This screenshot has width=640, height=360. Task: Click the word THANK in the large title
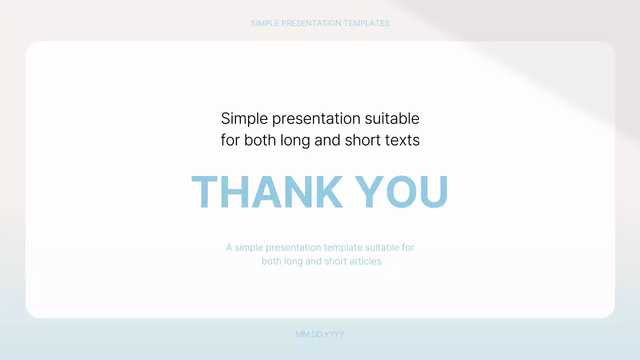pos(267,191)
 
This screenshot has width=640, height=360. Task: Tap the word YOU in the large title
pos(402,191)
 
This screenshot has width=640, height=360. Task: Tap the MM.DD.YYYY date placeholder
pos(320,334)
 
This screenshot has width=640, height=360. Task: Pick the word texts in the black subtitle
pos(402,140)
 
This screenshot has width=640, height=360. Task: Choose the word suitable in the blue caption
pos(384,247)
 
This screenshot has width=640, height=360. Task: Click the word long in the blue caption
pos(293,261)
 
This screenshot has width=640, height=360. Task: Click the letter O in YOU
pos(400,191)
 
